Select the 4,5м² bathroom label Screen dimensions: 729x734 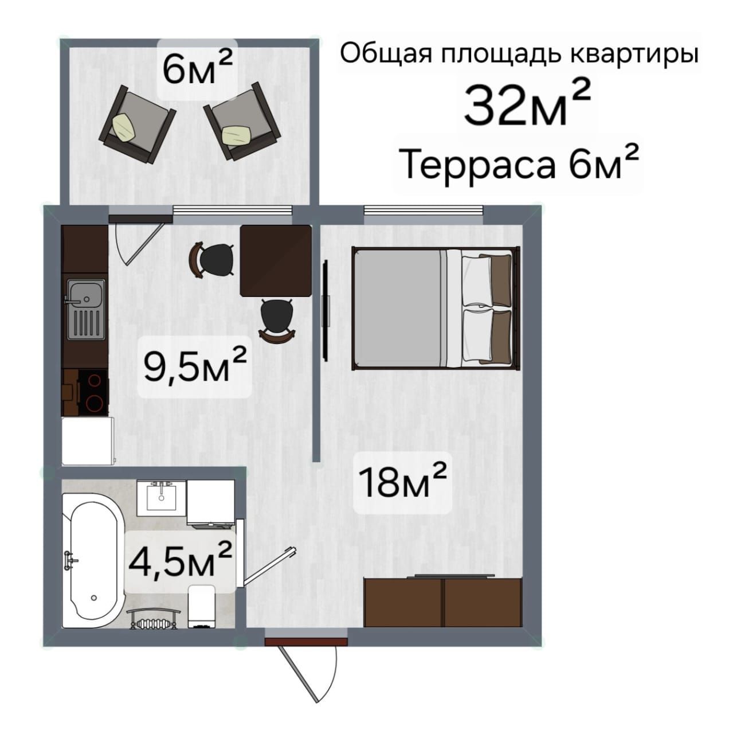point(180,560)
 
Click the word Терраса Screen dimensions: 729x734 point(479,165)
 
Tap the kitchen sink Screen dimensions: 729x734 point(86,309)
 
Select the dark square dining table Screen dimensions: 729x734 point(276,260)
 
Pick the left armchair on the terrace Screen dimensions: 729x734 point(137,124)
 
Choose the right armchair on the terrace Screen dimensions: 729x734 point(242,121)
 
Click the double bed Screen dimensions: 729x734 point(436,308)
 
